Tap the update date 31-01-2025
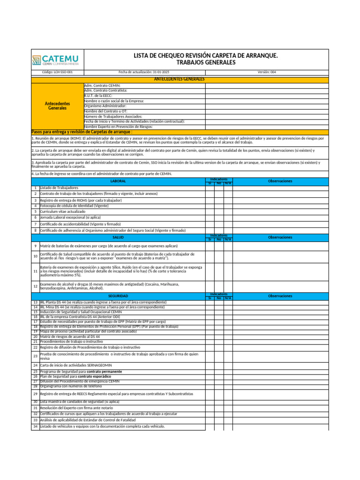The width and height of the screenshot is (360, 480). pyautogui.click(x=144, y=72)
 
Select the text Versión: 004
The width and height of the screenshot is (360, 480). pyautogui.click(x=267, y=72)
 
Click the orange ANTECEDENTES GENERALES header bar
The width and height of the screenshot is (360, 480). pyautogui.click(x=180, y=79)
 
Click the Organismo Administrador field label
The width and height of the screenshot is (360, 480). pyautogui.click(x=105, y=106)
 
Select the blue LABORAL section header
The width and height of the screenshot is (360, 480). pyautogui.click(x=118, y=181)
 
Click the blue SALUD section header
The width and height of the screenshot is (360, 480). pyautogui.click(x=118, y=237)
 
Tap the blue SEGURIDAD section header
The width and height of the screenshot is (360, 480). pyautogui.click(x=118, y=296)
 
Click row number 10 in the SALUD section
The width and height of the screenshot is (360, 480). pyautogui.click(x=35, y=256)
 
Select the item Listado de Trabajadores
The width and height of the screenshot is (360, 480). pyautogui.click(x=59, y=187)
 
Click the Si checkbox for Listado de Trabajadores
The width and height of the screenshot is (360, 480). pyautogui.click(x=210, y=187)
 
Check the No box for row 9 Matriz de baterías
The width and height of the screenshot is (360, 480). pyautogui.click(x=219, y=246)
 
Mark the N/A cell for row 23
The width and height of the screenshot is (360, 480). pyautogui.click(x=228, y=356)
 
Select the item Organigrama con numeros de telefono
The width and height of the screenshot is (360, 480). pyautogui.click(x=70, y=386)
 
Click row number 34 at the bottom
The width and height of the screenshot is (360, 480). pyautogui.click(x=35, y=427)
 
